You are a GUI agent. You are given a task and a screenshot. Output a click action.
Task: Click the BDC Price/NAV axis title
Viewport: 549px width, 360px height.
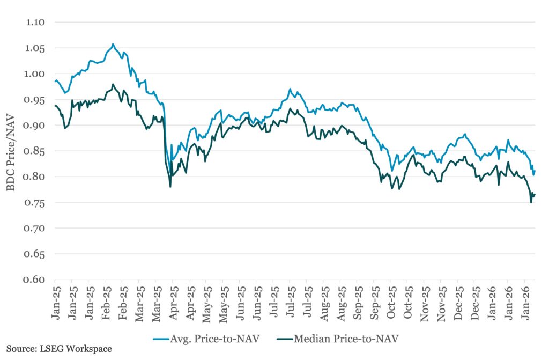coord(11,151)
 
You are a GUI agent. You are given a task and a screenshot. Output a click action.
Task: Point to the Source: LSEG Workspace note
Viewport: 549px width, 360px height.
coord(59,349)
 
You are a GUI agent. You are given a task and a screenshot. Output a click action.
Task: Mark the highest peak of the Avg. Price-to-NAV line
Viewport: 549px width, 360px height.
coord(113,44)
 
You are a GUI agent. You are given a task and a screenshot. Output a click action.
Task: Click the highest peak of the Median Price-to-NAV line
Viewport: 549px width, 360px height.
coord(113,84)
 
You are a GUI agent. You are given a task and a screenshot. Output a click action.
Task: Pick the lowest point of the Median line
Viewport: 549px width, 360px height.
coord(531,202)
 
